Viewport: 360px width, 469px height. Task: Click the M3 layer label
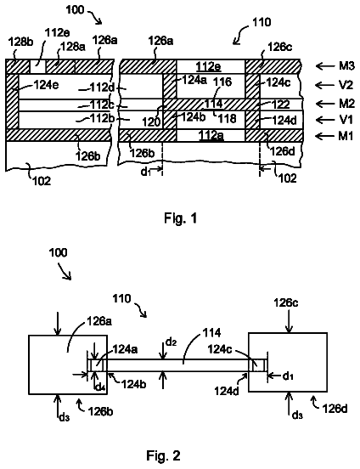346,65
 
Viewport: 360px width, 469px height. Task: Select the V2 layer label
346,85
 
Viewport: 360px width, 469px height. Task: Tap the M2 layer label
346,104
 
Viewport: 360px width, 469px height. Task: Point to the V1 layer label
346,120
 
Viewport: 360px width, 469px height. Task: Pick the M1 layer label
346,136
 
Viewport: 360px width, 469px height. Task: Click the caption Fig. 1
180,218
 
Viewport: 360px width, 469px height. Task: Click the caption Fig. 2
163,455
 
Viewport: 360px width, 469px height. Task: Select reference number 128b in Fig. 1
20,42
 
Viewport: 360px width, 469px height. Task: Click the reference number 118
228,119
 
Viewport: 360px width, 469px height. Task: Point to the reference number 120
151,121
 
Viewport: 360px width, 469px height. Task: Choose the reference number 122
281,105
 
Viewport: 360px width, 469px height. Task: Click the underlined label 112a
211,135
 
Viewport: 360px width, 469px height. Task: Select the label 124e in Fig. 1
46,85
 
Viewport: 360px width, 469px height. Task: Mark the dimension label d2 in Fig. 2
172,342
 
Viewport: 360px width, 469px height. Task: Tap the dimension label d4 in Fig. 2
98,387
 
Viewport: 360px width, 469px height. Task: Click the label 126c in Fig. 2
286,303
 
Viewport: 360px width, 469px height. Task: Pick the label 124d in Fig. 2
227,391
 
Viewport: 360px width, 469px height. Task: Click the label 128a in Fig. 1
71,47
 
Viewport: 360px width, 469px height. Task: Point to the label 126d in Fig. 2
335,409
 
